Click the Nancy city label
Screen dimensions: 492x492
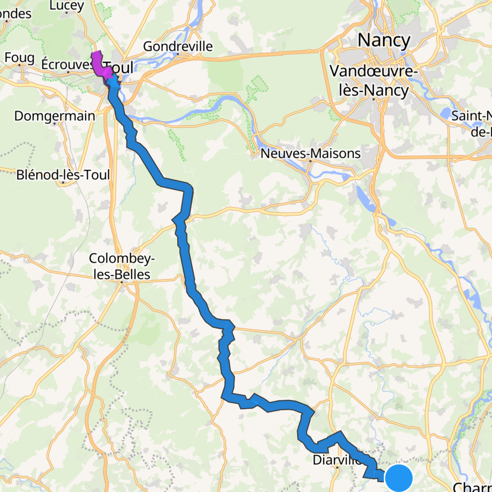384,40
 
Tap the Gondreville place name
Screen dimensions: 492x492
178,46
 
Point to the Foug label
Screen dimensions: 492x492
20,58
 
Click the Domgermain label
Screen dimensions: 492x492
55,116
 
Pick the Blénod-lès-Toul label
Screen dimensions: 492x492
63,175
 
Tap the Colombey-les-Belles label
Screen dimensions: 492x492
122,266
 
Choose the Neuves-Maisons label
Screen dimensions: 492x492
310,153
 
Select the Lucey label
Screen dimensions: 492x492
66,5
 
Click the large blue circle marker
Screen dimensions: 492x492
399,478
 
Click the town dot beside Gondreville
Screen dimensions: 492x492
178,54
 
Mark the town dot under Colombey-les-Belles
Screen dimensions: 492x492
121,282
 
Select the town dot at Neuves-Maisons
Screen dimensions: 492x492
310,161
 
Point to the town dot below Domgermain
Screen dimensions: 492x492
54,123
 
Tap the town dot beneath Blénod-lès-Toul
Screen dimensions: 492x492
63,182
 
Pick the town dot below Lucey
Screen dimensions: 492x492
66,13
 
